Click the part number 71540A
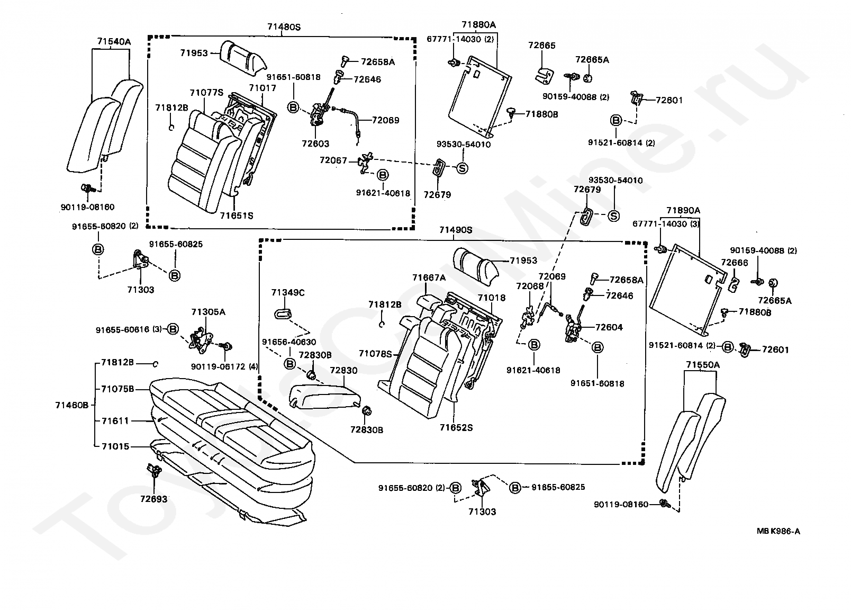coord(113,41)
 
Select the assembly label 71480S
coord(283,26)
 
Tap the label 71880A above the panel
coord(478,24)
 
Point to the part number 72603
coord(315,143)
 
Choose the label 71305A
coord(208,312)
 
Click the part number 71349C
coord(288,292)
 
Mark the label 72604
coord(609,327)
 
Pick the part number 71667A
coord(429,277)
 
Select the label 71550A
coord(703,365)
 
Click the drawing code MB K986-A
coord(778,531)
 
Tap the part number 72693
coord(153,499)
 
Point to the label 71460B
coord(71,405)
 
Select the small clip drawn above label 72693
coord(154,470)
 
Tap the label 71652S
coord(456,427)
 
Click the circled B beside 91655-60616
coord(173,329)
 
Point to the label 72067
coord(333,159)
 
